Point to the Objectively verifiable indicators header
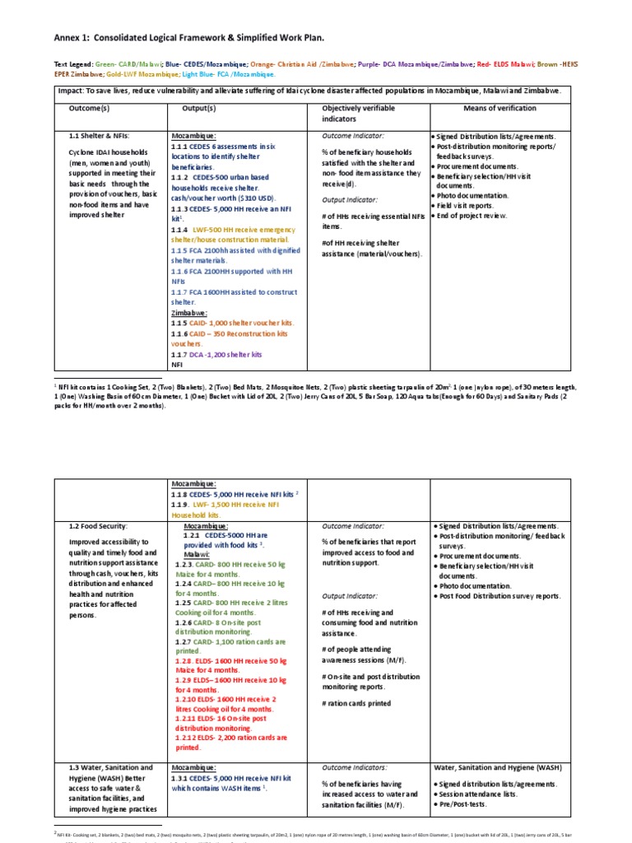click(x=359, y=114)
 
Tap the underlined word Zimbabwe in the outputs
click(x=189, y=314)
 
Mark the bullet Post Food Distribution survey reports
click(x=499, y=596)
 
